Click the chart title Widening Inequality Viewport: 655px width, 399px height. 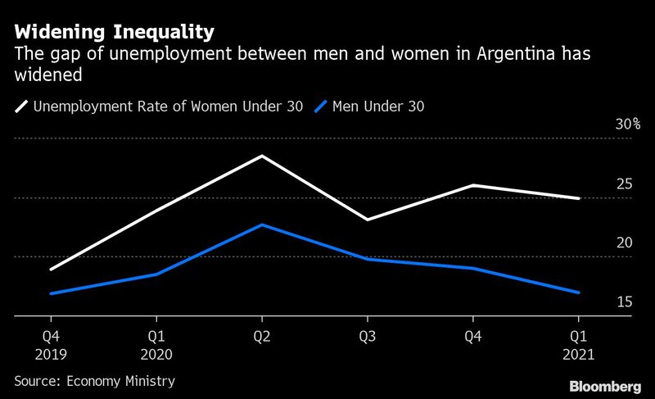pos(115,32)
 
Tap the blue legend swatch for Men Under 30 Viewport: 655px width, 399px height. pos(323,106)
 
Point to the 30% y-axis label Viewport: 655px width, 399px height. pos(627,125)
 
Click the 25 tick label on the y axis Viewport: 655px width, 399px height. pos(624,184)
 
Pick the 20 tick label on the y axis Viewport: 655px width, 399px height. pos(624,243)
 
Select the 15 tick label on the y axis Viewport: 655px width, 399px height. pos(624,302)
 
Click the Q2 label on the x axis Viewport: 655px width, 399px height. pos(261,337)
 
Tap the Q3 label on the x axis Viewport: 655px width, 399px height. pos(367,337)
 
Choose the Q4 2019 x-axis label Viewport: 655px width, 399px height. pos(51,345)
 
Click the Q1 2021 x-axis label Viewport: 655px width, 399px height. pos(578,345)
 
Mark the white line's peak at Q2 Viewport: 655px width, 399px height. pos(261,156)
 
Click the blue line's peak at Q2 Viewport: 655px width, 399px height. pos(261,224)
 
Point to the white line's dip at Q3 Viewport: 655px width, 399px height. pos(367,220)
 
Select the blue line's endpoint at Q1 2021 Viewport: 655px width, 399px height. pos(578,292)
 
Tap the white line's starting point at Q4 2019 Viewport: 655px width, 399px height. pos(51,270)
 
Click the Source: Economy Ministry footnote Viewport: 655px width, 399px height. pos(94,381)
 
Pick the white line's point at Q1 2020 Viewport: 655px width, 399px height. pos(156,211)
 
